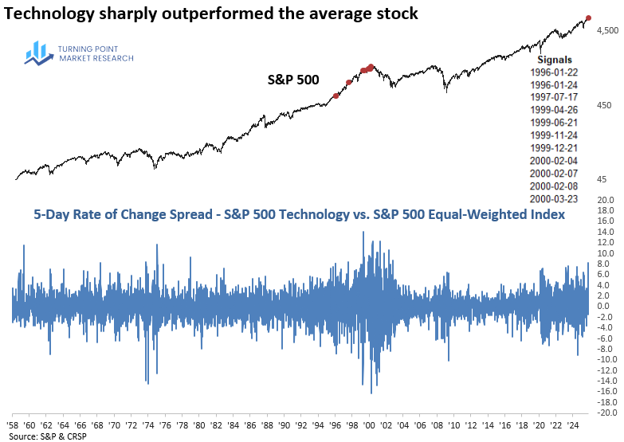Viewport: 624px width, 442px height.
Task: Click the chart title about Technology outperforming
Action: point(212,13)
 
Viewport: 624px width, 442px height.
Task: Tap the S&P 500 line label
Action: point(293,80)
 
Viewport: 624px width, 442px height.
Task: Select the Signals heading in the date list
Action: point(554,59)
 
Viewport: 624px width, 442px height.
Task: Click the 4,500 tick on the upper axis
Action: point(606,30)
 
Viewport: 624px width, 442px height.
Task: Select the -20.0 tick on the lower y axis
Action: point(606,413)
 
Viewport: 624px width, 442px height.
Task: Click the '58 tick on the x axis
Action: point(14,425)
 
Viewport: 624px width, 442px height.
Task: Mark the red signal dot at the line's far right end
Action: point(588,18)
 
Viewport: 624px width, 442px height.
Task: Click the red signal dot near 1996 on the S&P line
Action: point(336,96)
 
